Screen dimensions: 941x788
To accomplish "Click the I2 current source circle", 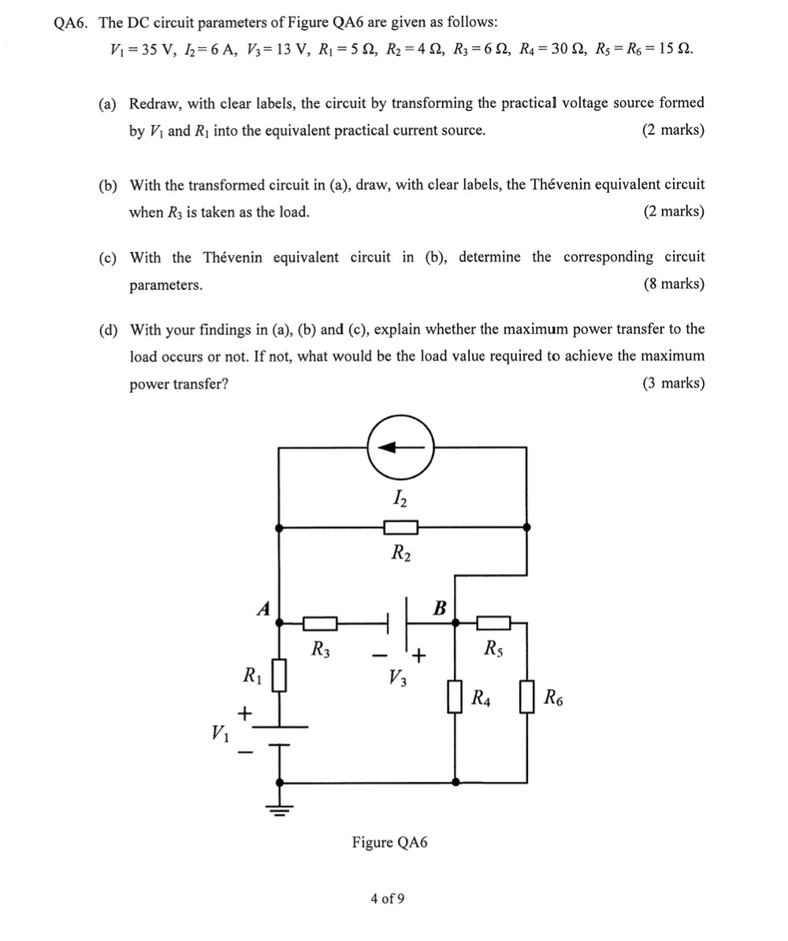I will click(x=400, y=447).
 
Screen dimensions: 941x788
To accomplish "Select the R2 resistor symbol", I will click(x=400, y=526).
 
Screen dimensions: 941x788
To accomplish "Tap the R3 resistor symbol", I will click(x=320, y=624).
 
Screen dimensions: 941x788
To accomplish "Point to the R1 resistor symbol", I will click(x=278, y=676).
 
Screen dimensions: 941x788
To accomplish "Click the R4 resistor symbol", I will click(x=455, y=697).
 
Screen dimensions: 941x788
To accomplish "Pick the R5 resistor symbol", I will click(x=494, y=624).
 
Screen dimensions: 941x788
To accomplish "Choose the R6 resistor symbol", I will click(x=527, y=697).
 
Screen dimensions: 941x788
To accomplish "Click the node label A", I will click(x=263, y=607).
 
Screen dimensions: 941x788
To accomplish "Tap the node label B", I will click(x=440, y=607).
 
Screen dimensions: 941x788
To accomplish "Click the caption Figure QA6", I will click(x=389, y=843).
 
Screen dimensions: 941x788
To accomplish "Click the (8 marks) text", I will click(x=674, y=284).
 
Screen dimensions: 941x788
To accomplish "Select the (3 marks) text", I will click(x=674, y=383).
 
